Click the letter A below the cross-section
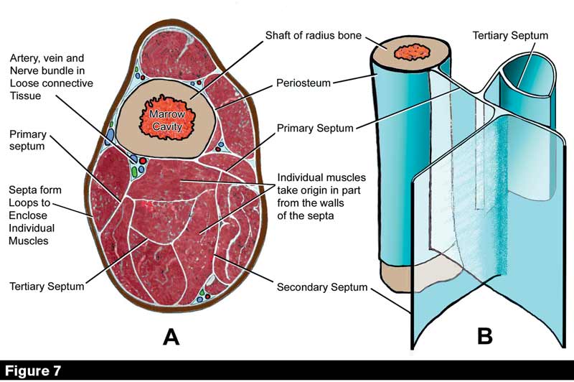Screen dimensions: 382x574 pos(171,336)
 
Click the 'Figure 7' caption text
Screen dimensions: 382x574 pos(34,371)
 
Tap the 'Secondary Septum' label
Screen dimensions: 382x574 pos(321,288)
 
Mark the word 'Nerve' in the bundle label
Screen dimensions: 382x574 pos(24,70)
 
